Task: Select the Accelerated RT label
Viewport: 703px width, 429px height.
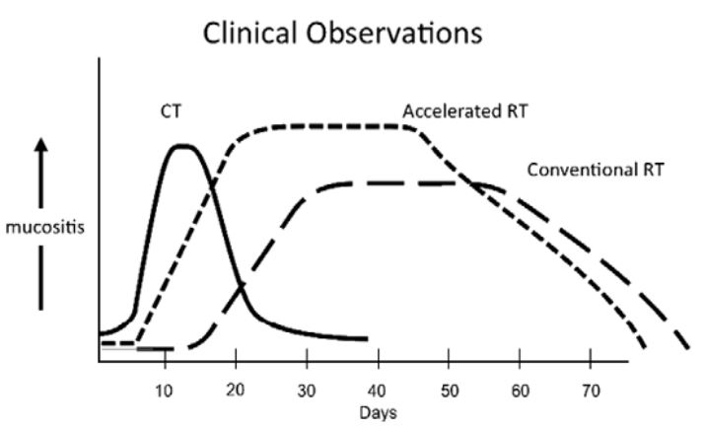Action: point(464,110)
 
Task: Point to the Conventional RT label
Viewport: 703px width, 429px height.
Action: point(596,169)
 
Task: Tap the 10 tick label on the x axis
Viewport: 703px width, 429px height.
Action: point(165,387)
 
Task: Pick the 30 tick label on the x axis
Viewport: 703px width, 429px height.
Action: point(307,387)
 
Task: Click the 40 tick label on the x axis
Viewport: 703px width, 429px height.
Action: point(378,387)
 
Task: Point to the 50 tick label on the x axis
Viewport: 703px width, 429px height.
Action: point(449,387)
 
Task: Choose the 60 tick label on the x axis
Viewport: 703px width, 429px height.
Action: point(520,387)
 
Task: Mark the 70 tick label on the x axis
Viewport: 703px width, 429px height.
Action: point(591,387)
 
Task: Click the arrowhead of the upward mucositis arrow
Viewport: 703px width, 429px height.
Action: point(39,144)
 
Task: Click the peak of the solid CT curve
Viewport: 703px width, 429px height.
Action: point(181,146)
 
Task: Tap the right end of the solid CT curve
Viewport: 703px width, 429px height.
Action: point(367,338)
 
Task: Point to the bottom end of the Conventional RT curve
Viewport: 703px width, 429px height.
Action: point(686,349)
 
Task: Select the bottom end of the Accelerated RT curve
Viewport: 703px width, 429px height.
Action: point(645,347)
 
